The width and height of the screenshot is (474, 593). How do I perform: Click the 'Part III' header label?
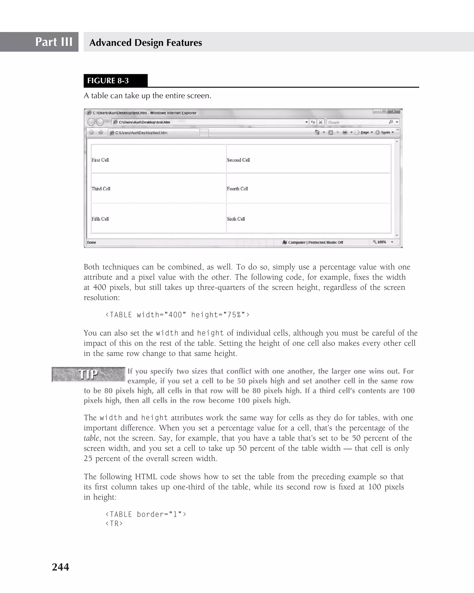pyautogui.click(x=54, y=42)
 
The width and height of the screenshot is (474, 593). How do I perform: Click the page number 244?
pyautogui.click(x=60, y=567)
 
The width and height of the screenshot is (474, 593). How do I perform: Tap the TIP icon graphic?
pyautogui.click(x=88, y=374)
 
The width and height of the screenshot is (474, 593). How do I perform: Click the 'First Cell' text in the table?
pyautogui.click(x=100, y=160)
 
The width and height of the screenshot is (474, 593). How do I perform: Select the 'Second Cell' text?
pyautogui.click(x=238, y=160)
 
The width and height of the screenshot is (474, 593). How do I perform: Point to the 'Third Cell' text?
pyautogui.click(x=101, y=189)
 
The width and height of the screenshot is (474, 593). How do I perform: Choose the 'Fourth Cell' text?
pyautogui.click(x=237, y=189)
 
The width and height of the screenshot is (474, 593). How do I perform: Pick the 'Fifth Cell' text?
pyautogui.click(x=100, y=219)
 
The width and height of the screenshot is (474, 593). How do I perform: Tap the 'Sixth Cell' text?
pyautogui.click(x=236, y=219)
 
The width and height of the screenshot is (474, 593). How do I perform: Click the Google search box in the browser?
pyautogui.click(x=357, y=122)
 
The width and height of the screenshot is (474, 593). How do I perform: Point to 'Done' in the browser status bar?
pyautogui.click(x=91, y=243)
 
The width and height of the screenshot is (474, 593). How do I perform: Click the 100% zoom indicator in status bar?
pyautogui.click(x=381, y=242)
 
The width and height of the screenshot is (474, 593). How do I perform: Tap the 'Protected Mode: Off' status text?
pyautogui.click(x=326, y=243)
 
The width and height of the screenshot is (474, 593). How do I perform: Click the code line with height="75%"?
pyautogui.click(x=178, y=315)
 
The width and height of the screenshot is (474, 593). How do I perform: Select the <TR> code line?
pyautogui.click(x=114, y=523)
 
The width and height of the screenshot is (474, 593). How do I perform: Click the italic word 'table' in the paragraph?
pyautogui.click(x=91, y=438)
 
